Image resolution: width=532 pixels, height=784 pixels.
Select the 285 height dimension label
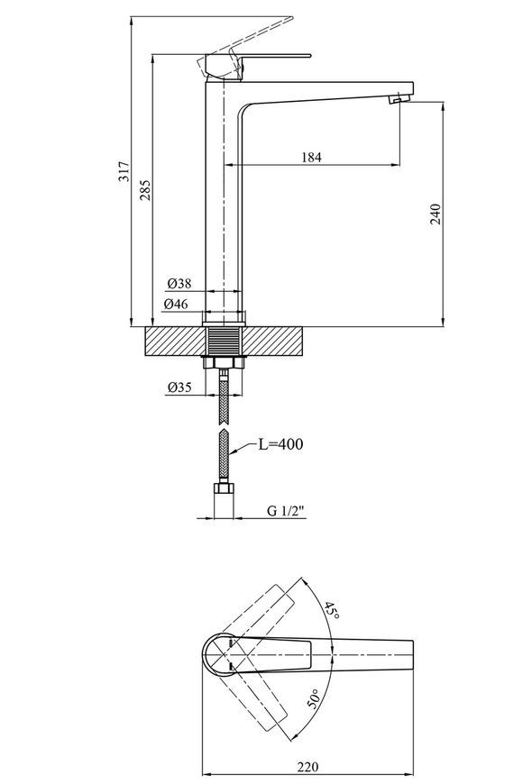point(144,190)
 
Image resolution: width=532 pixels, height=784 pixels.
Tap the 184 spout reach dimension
point(311,158)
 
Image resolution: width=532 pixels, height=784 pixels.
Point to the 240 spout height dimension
point(436,214)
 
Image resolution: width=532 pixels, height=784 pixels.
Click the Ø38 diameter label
point(179,284)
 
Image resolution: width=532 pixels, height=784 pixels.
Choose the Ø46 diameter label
point(176,304)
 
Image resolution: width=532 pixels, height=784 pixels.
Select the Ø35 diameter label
point(179,387)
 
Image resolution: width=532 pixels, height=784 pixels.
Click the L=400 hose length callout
point(280,443)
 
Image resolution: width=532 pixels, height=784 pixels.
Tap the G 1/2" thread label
point(286,510)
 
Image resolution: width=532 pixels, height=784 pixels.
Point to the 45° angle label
point(330,610)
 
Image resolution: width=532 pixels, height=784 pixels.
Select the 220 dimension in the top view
point(307,767)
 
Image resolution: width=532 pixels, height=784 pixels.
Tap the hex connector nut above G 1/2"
point(224,488)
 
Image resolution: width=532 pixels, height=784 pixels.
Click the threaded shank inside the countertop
point(225,341)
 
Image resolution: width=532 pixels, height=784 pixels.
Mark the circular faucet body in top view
point(219,655)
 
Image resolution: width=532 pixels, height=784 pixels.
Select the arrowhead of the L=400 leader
point(233,452)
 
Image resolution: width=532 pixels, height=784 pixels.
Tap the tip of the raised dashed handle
point(291,17)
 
